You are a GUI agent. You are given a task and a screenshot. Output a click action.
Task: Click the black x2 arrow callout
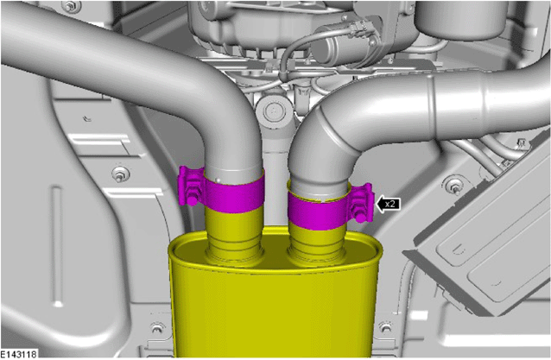388,204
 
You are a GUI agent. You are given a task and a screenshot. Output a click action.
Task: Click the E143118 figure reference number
18,354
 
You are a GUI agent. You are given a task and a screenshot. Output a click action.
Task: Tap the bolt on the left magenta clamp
193,196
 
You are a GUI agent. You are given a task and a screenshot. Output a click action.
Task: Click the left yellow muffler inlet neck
235,235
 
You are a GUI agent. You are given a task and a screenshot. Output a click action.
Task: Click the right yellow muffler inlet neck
317,244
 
